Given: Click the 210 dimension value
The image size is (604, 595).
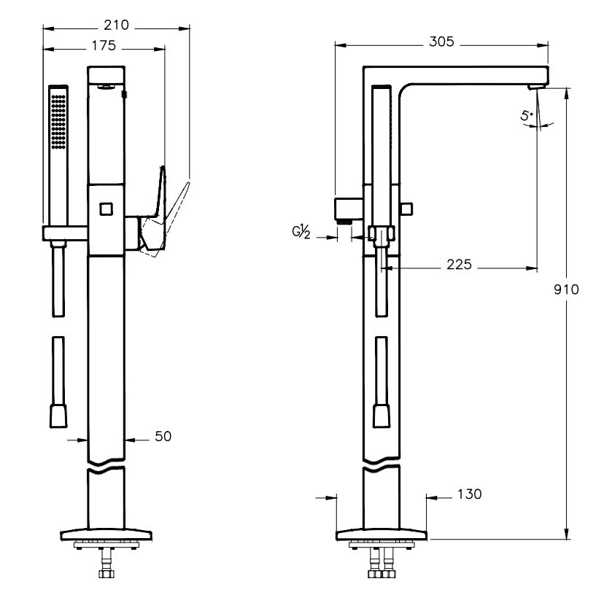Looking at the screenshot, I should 117,26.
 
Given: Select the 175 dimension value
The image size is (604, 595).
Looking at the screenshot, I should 104,46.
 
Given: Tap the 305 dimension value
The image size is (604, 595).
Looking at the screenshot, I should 441,42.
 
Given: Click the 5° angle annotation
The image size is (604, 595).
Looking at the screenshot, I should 527,115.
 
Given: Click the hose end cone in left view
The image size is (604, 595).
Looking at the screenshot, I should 58,417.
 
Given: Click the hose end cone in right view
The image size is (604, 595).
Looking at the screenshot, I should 382,417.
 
